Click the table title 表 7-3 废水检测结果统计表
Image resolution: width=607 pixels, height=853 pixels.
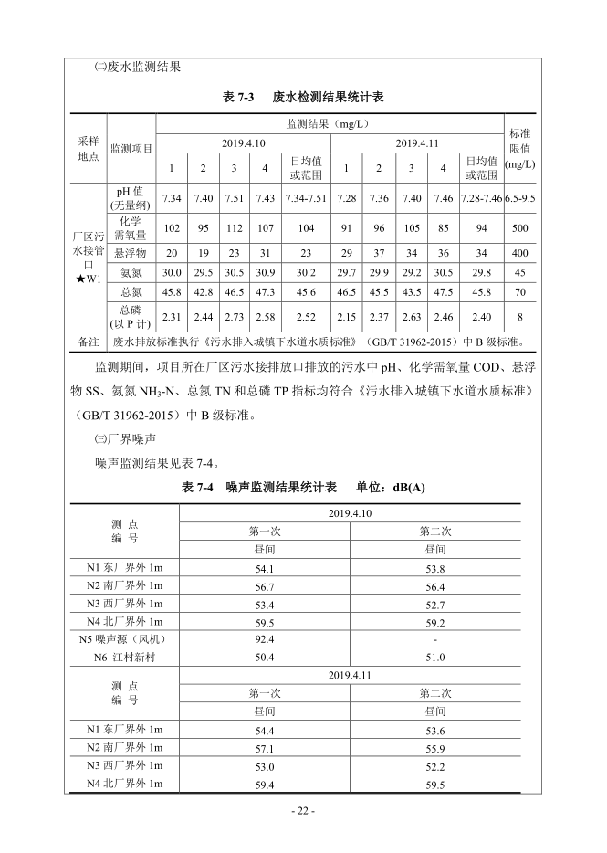tap(302, 96)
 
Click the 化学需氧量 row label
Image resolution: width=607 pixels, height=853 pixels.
tap(131, 228)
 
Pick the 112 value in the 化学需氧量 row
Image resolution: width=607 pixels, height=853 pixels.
tap(234, 228)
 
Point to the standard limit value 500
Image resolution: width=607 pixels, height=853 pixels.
tap(520, 228)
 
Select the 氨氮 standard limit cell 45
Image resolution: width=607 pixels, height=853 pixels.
tap(520, 272)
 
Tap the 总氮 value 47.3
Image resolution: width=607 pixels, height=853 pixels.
tap(266, 293)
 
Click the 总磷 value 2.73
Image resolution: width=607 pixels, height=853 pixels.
tap(234, 317)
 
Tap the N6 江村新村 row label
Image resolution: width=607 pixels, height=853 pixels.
tap(124, 657)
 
